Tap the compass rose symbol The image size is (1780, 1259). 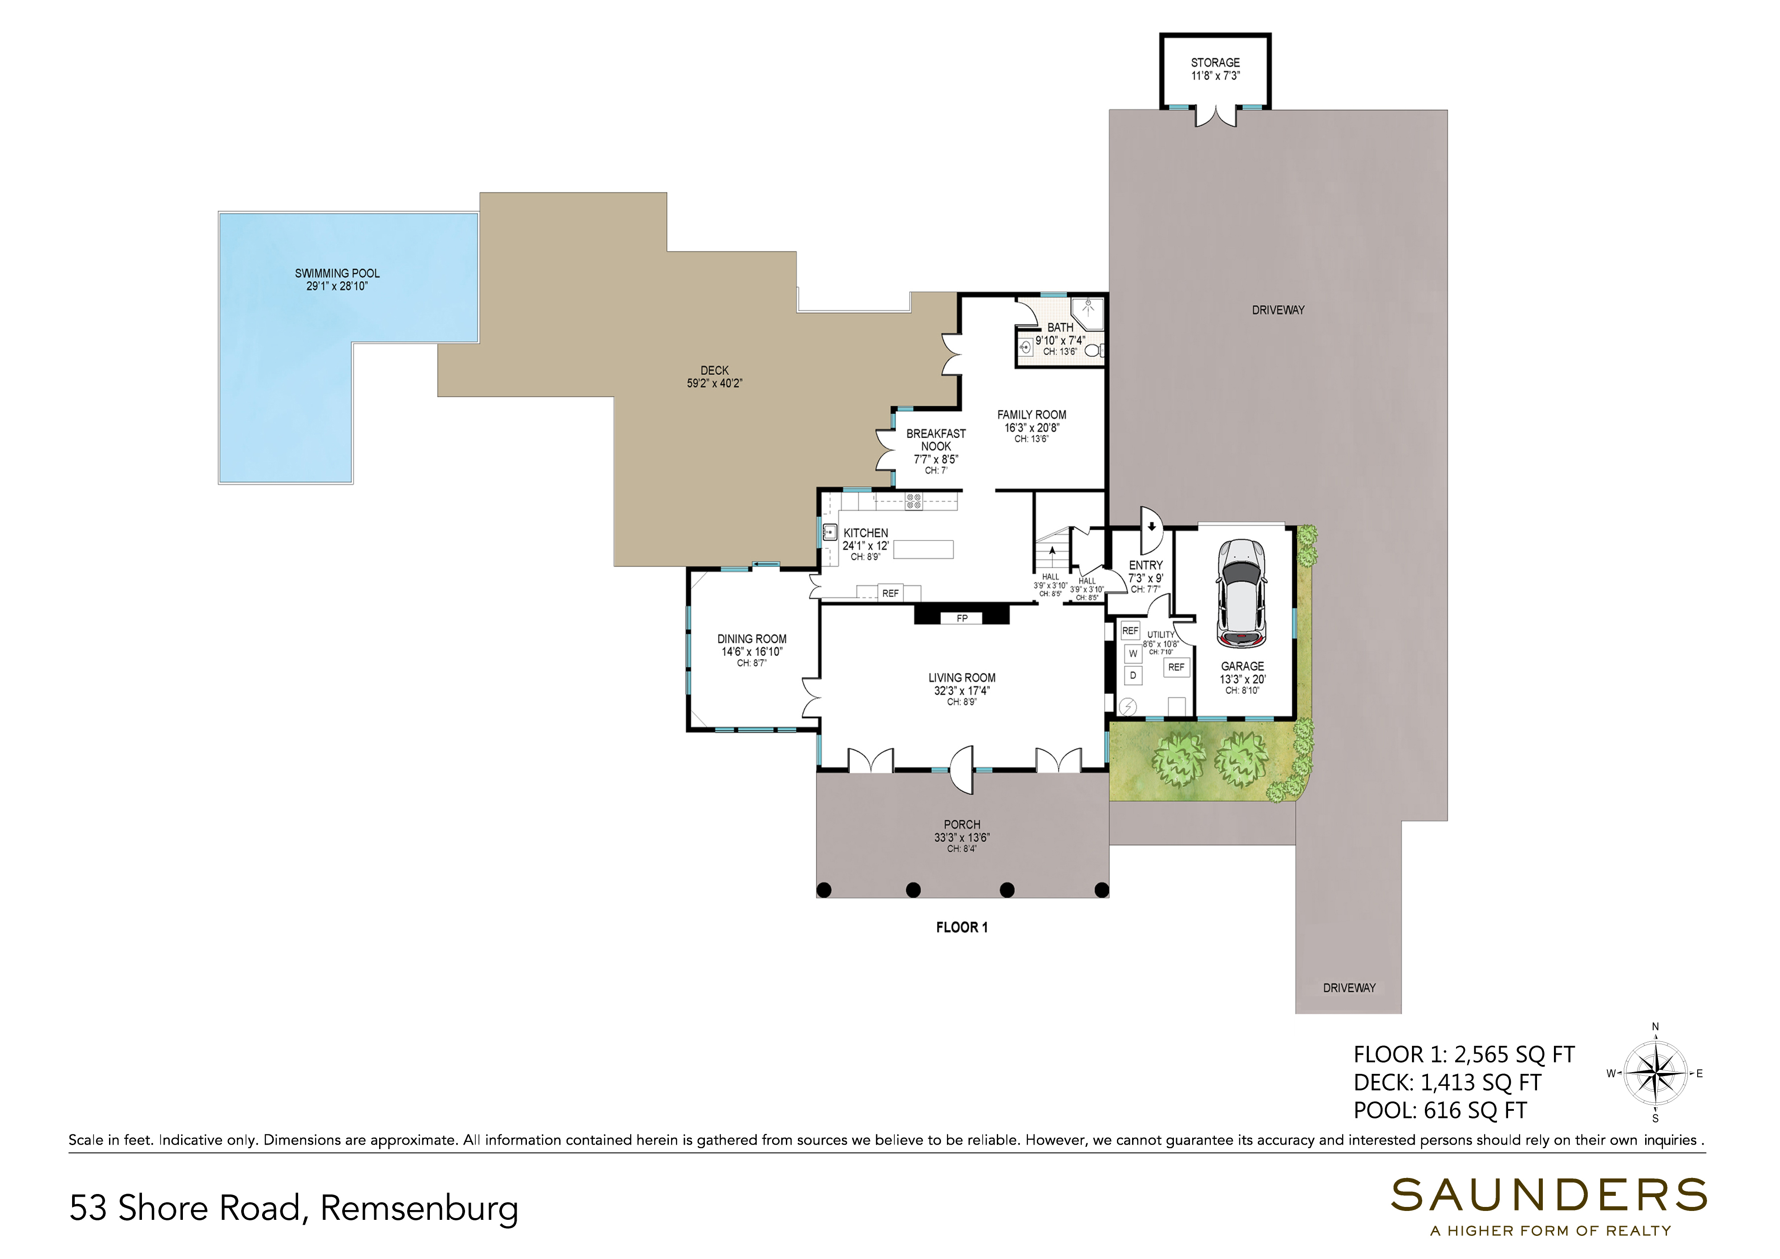[1655, 1074]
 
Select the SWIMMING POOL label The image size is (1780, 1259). [337, 273]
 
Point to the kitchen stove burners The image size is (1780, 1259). [913, 501]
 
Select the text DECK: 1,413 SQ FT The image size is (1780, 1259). [1448, 1082]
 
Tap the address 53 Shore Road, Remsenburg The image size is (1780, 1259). [294, 1208]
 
